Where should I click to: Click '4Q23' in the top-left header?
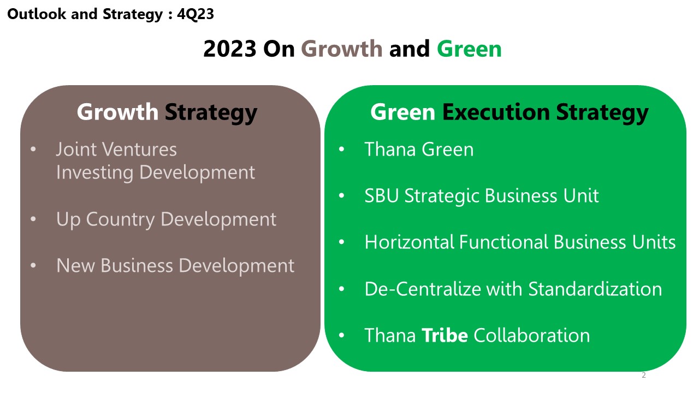click(196, 14)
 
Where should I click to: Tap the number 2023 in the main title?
click(230, 49)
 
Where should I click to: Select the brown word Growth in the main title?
click(342, 49)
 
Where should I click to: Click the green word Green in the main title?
click(469, 49)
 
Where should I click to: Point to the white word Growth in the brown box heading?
click(117, 112)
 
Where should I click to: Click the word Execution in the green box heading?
click(496, 112)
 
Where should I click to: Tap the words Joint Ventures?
click(116, 149)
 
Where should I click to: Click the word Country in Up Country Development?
click(121, 220)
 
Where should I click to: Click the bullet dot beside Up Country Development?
click(33, 219)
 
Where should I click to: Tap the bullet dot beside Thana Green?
click(342, 149)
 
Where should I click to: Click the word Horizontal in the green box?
click(410, 242)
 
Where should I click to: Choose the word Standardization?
click(595, 289)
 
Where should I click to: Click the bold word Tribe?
click(445, 336)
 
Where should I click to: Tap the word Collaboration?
click(532, 336)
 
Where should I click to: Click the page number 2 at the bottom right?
click(644, 375)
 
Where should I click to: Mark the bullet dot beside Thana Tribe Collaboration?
click(342, 335)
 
